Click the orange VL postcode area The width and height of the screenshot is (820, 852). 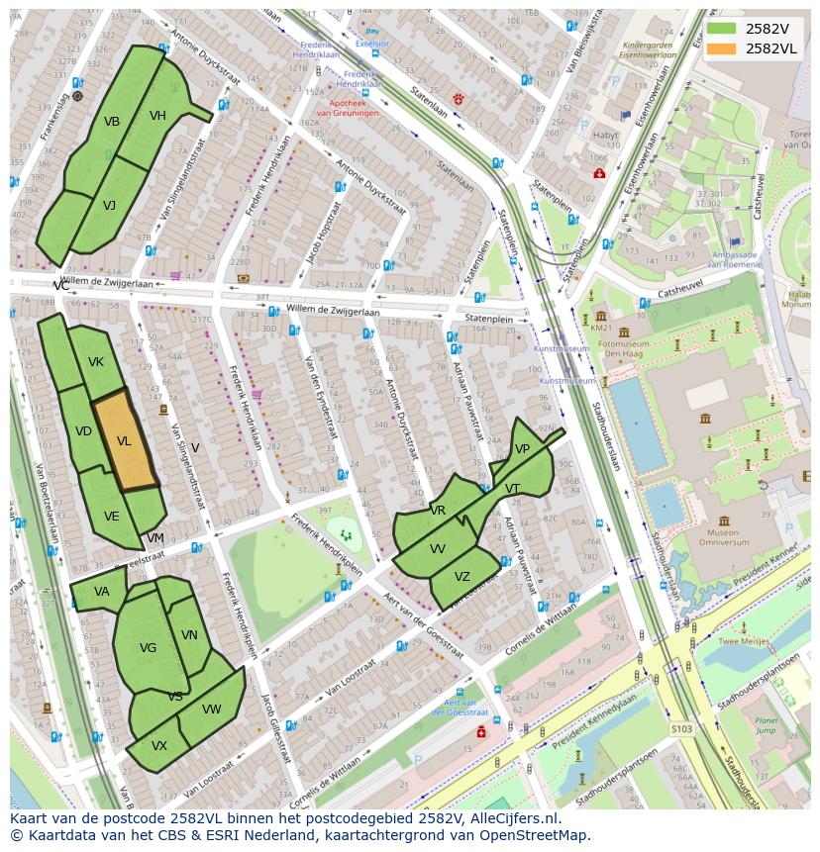pyautogui.click(x=126, y=441)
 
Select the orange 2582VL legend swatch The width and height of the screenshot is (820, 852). pyautogui.click(x=723, y=48)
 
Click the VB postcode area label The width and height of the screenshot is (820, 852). pyautogui.click(x=112, y=122)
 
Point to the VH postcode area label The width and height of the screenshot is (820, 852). pyautogui.click(x=157, y=116)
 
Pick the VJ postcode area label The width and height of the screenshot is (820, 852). pyautogui.click(x=109, y=206)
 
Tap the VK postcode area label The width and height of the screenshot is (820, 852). pyautogui.click(x=96, y=362)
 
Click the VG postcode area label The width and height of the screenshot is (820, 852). pyautogui.click(x=148, y=648)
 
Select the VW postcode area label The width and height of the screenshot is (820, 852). pyautogui.click(x=211, y=710)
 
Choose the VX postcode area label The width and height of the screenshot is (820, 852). pyautogui.click(x=159, y=746)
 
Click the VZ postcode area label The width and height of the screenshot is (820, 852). pyautogui.click(x=462, y=577)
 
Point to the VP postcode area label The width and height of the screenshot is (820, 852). pyautogui.click(x=522, y=449)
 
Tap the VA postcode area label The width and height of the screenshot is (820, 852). pyautogui.click(x=102, y=592)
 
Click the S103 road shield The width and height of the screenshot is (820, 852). pyautogui.click(x=681, y=729)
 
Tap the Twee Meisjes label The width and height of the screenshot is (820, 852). pyautogui.click(x=744, y=641)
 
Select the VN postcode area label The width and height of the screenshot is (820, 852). pyautogui.click(x=189, y=635)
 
